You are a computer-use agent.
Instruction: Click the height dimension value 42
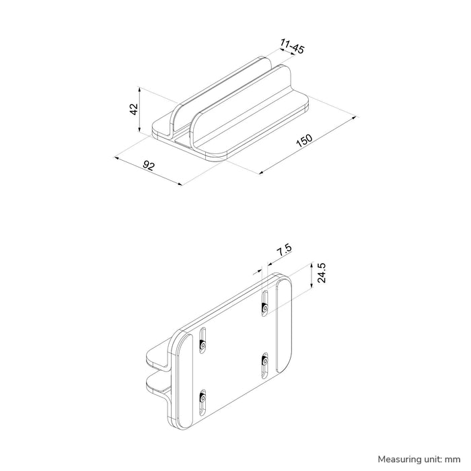coord(133,108)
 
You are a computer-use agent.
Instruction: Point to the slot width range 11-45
coord(292,47)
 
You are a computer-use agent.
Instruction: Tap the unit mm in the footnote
coord(449,458)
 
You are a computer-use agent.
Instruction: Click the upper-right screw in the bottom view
coord(265,307)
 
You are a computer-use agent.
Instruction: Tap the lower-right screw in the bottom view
coord(264,361)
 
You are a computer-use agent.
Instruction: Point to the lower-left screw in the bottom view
coord(202,398)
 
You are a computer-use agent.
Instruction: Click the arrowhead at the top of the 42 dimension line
coord(139,88)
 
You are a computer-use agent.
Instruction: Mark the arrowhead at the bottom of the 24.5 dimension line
coord(312,287)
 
